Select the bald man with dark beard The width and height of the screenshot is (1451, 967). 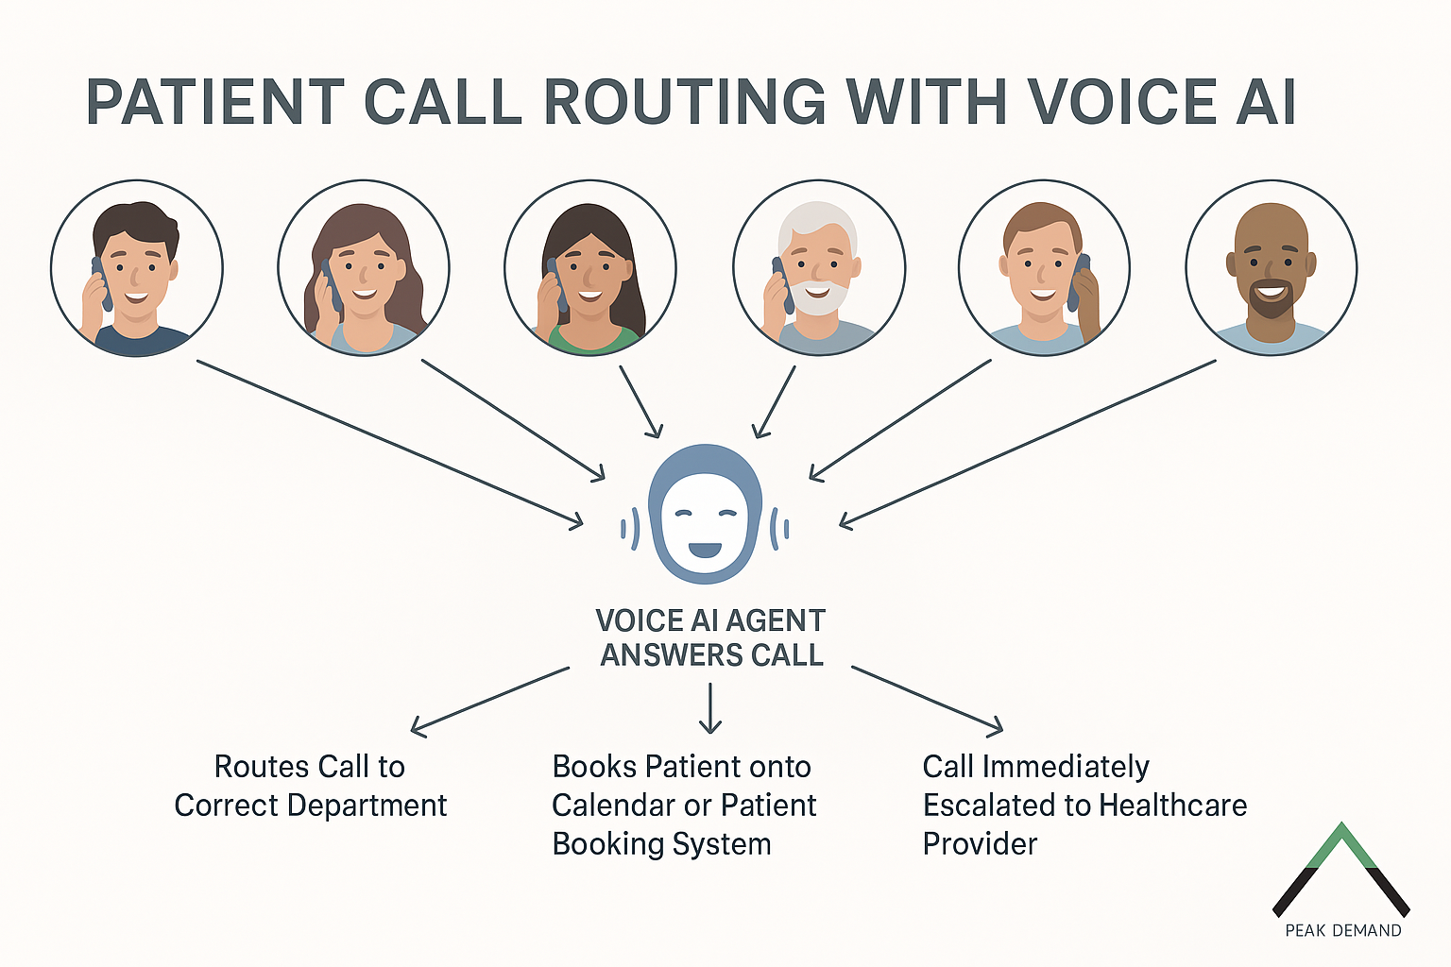1272,268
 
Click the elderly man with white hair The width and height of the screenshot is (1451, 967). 818,268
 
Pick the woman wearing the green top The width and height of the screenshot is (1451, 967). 590,274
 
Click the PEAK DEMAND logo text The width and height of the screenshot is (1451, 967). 1342,931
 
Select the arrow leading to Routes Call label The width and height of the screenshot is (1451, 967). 489,700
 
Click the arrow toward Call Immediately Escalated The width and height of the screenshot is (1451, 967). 928,700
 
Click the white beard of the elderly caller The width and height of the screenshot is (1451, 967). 814,298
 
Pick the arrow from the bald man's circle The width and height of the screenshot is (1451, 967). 1027,441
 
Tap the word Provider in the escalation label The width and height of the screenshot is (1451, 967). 980,844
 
